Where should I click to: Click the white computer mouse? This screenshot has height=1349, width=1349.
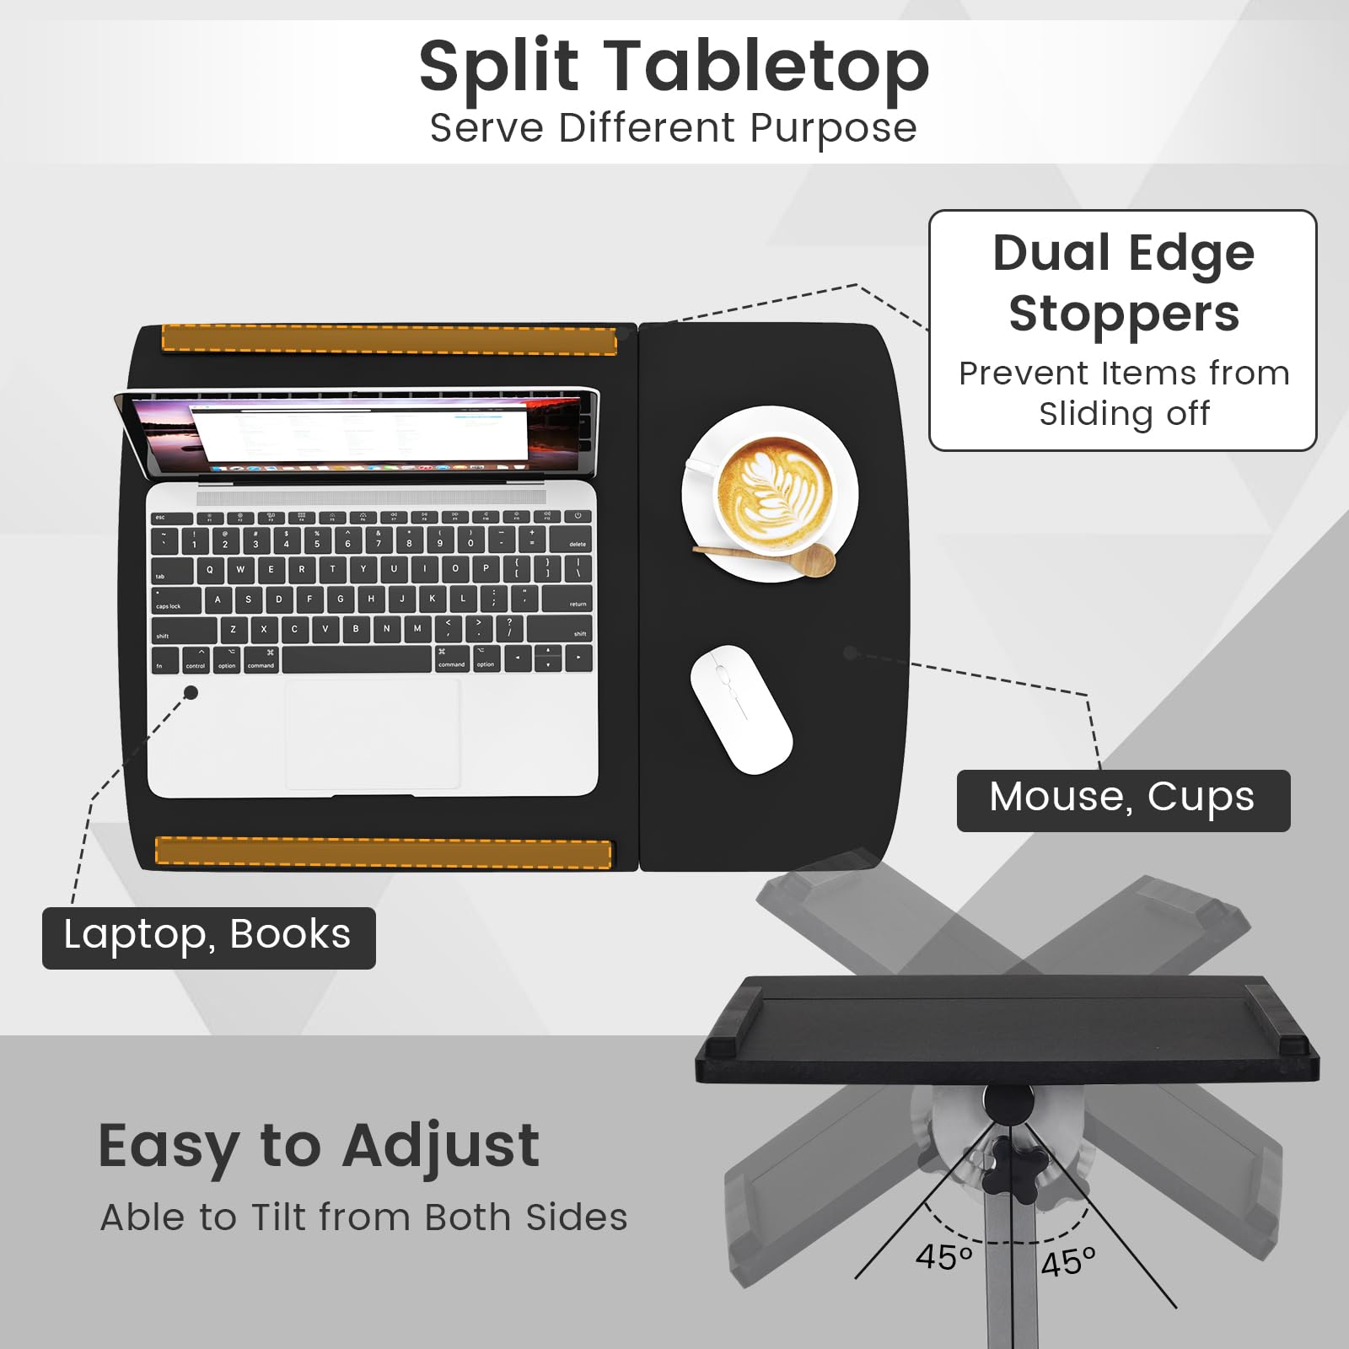tap(741, 709)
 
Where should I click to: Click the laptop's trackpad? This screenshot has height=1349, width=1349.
tap(373, 734)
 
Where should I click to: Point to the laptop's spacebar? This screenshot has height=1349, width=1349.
tap(357, 659)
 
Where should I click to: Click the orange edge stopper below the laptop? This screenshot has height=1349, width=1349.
tap(384, 852)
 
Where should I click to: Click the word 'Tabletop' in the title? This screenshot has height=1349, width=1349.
tap(767, 67)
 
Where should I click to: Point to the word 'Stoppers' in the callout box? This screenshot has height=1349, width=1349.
tap(1124, 315)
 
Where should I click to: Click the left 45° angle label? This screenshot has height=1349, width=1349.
tap(944, 1257)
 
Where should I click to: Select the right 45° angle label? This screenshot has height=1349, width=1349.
tap(1068, 1262)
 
